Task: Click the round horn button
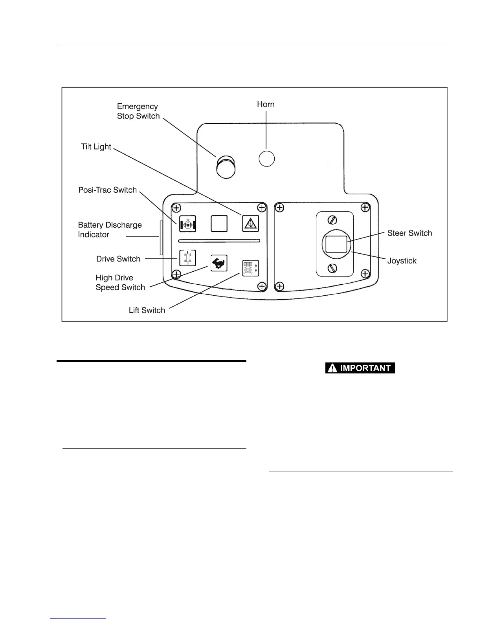[266, 159]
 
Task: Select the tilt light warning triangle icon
[250, 224]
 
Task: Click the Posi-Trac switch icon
[187, 224]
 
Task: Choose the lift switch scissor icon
[250, 269]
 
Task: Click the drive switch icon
[187, 258]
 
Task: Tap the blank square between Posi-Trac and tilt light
[219, 223]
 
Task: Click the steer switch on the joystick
[336, 244]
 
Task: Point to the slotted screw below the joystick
[332, 268]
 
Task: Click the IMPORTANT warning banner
[360, 368]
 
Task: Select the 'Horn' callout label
[266, 104]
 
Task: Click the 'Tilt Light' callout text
[96, 147]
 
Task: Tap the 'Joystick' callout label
[402, 261]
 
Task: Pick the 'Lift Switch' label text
[147, 310]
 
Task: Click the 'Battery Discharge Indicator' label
[110, 230]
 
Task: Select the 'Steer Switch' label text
[409, 233]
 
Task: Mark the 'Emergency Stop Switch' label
[138, 111]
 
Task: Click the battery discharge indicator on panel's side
[161, 237]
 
